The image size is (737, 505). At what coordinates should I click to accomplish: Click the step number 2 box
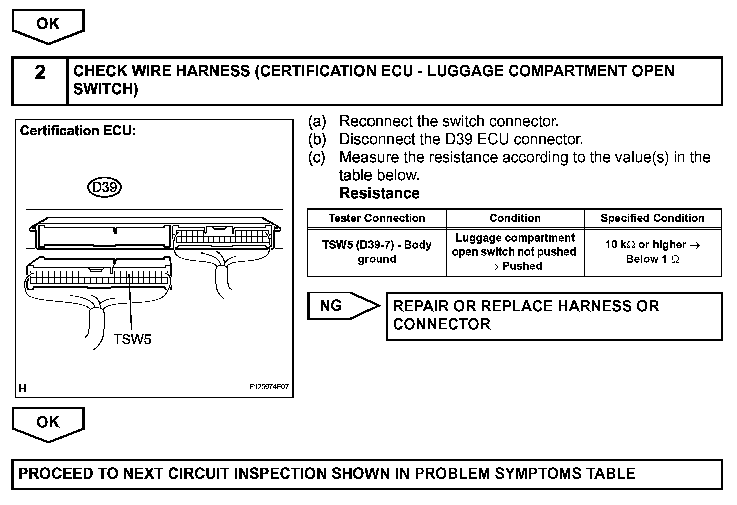pos(40,81)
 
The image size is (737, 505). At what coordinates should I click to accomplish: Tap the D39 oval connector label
pos(105,187)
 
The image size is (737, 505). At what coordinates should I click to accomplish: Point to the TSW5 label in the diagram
pos(132,339)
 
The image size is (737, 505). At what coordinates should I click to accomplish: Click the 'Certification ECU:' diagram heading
pos(78,131)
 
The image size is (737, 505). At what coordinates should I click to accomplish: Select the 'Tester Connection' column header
pos(377,218)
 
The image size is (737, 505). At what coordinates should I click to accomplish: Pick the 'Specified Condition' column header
pos(652,218)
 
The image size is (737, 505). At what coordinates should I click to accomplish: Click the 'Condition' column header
pos(515,218)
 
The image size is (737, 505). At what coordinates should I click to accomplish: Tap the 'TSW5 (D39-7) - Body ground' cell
pos(377,252)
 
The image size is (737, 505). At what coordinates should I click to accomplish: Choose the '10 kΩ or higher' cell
pos(652,252)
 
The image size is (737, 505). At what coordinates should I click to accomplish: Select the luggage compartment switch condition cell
pos(515,252)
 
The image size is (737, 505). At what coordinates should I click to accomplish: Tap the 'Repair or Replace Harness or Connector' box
pos(554,316)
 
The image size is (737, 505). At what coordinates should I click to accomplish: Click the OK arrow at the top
pos(48,25)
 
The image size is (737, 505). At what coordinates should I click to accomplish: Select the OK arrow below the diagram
pos(48,424)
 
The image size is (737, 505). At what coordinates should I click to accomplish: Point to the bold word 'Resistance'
pos(379,193)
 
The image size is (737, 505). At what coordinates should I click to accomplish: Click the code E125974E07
pos(269,387)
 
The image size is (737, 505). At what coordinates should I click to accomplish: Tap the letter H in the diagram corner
pos(23,388)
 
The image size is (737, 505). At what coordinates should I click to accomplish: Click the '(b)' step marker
pos(317,139)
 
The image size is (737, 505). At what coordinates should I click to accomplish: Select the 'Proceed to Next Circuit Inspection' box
pos(366,474)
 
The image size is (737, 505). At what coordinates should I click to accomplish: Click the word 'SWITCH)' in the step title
pos(106,90)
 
